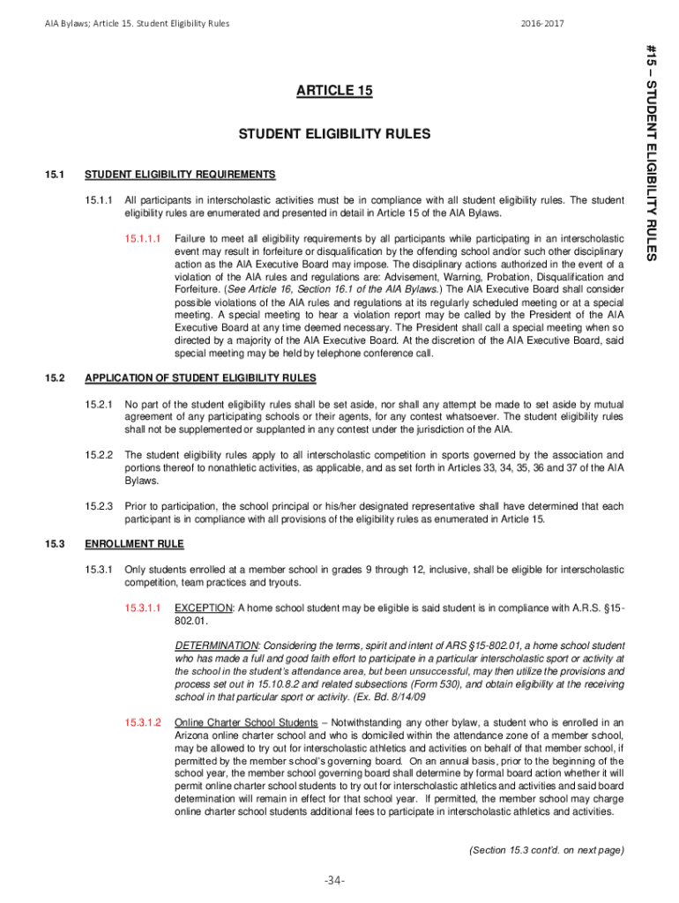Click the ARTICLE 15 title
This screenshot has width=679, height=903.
pos(334,90)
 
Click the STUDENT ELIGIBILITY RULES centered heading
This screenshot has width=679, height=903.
pos(334,134)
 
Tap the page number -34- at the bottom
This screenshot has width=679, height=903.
pos(335,880)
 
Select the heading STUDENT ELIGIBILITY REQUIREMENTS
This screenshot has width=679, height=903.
pos(180,174)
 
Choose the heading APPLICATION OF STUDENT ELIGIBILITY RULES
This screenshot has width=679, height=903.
pos(200,378)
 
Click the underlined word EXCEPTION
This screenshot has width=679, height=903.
pos(204,608)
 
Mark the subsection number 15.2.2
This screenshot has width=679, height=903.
pos(100,455)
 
